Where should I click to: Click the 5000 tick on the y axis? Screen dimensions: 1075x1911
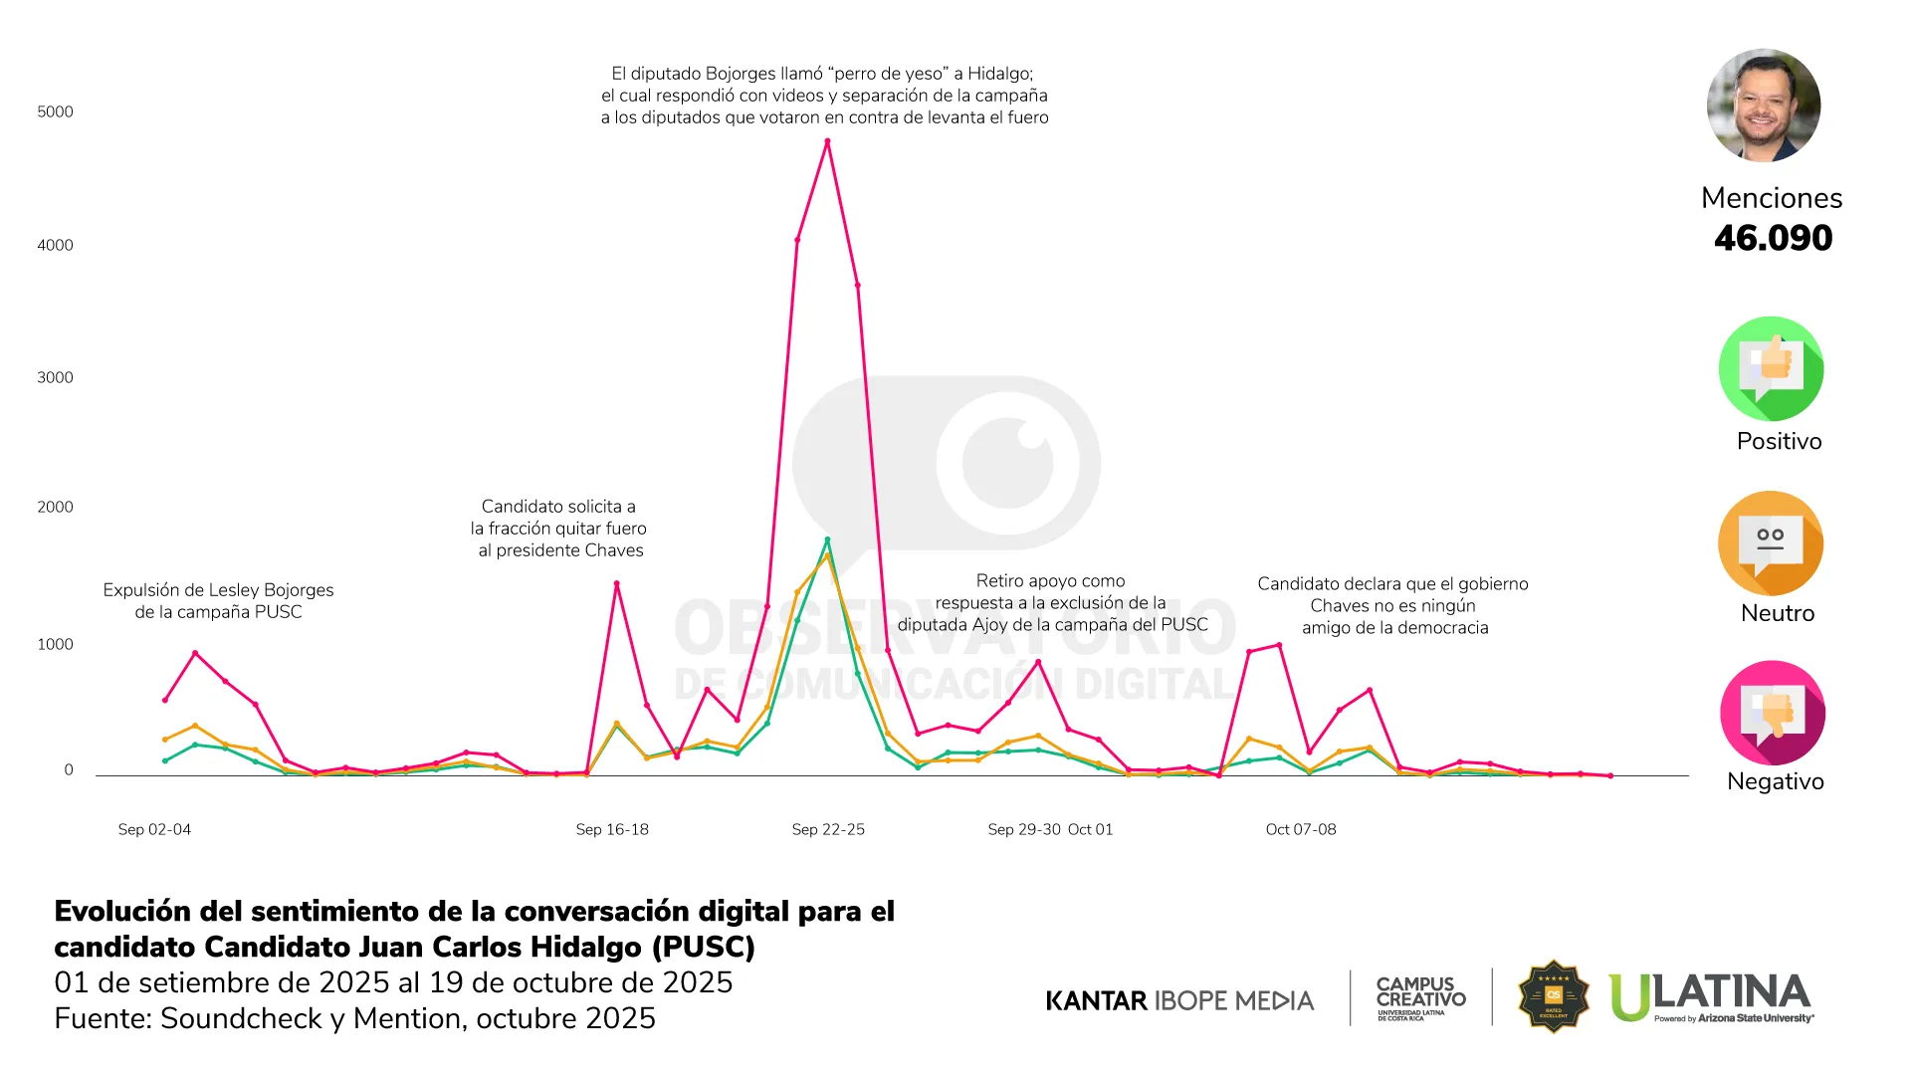(x=55, y=111)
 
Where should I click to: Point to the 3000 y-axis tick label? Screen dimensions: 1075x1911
(x=55, y=377)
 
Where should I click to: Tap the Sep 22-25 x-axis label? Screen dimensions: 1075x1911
(x=828, y=829)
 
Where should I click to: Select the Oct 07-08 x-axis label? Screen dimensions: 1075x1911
(x=1301, y=829)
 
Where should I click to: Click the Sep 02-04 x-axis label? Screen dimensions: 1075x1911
(x=154, y=829)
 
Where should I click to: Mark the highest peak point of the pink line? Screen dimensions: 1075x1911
(x=827, y=141)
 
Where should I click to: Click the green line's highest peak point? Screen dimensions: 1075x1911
(x=827, y=540)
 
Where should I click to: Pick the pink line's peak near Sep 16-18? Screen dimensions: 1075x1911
(x=616, y=583)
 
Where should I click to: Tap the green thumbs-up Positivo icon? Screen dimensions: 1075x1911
(x=1771, y=369)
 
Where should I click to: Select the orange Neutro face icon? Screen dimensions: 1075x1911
(x=1771, y=543)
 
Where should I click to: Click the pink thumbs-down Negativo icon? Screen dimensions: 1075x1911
(x=1772, y=713)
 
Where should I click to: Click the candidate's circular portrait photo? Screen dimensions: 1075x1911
(x=1764, y=106)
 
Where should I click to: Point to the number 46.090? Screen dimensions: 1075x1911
(x=1773, y=238)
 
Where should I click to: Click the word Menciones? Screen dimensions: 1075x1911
(x=1772, y=198)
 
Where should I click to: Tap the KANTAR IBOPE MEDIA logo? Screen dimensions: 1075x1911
(x=1179, y=1000)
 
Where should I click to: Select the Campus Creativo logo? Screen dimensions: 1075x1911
(x=1420, y=997)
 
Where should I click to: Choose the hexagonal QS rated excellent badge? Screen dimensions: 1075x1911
(x=1553, y=996)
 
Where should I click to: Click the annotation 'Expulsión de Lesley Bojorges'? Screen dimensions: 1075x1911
(x=218, y=590)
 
